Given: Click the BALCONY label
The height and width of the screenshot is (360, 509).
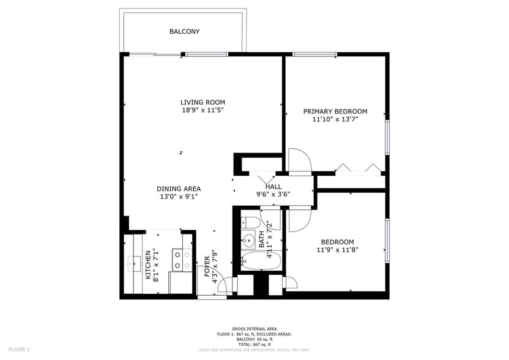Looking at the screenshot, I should (184, 31).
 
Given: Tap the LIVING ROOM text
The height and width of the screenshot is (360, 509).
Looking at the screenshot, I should (202, 102).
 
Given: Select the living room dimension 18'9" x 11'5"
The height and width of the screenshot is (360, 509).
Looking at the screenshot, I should (202, 110).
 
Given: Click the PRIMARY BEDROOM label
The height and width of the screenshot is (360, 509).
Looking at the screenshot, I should (335, 111).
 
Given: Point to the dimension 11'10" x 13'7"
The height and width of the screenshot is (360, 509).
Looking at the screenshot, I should (335, 119).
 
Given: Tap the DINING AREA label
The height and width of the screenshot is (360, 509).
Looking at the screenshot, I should (179, 189).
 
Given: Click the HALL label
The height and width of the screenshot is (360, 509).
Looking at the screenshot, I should (273, 187).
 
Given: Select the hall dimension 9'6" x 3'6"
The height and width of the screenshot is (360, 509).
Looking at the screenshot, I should (273, 195).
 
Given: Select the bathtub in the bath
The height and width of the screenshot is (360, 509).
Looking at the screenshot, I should (261, 261).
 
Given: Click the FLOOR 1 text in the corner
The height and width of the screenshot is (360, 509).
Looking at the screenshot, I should (19, 349).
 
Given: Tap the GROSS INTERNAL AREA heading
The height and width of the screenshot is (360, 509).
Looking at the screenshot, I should (254, 329).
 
